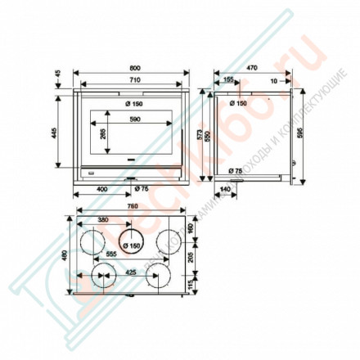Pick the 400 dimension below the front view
102,190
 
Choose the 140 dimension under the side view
224,190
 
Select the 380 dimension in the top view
103,220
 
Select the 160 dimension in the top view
191,228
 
